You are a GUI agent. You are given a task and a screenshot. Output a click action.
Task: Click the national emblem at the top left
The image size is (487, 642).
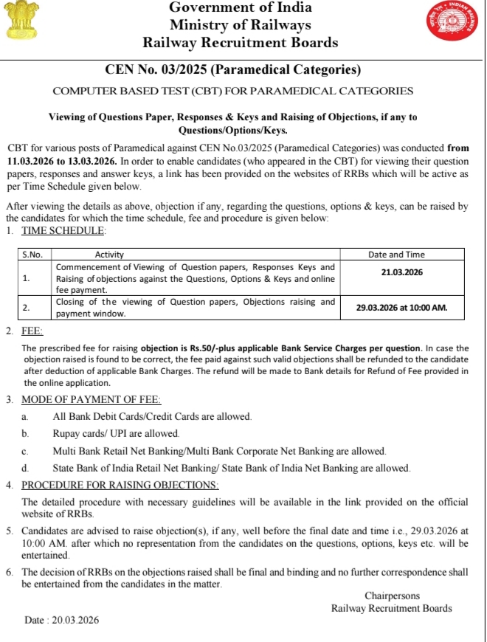[x=21, y=23]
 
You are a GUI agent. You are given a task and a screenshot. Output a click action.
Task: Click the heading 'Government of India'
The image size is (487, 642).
[x=241, y=8]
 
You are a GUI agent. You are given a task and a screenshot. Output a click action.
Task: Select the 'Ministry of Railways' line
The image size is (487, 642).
[x=241, y=25]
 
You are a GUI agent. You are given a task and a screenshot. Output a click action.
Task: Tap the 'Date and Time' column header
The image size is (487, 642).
[x=402, y=255]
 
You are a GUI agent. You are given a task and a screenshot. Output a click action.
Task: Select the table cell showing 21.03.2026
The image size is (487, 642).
[x=402, y=272]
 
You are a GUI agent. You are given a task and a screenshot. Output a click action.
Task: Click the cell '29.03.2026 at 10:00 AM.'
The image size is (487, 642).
[x=402, y=307]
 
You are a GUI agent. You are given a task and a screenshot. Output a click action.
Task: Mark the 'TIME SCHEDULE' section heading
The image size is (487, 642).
[x=63, y=231]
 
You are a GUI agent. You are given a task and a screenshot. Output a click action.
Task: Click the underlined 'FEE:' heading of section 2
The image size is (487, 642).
[x=32, y=332]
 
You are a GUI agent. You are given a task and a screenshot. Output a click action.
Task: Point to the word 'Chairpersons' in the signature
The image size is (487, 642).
[x=392, y=596]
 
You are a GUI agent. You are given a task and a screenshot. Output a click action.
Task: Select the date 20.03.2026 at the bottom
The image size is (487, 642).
[x=73, y=621]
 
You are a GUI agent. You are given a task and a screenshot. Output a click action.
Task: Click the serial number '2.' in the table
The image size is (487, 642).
[x=27, y=307]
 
